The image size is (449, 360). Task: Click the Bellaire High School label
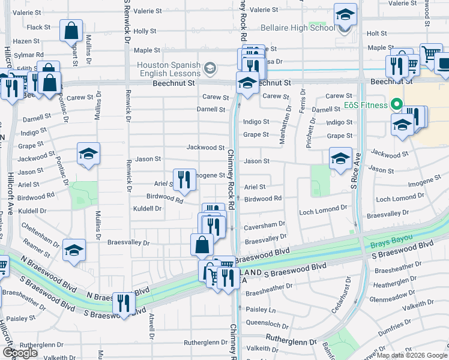[297, 28]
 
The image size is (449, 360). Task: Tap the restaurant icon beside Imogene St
[184, 179]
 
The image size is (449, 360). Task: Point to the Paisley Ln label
[261, 310]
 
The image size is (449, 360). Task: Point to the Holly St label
[145, 31]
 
